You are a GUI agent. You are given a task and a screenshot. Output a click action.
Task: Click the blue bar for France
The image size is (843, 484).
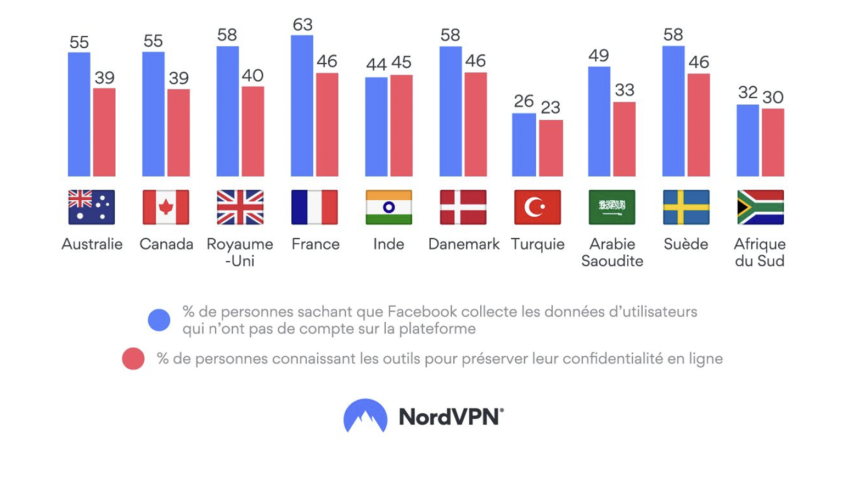point(302,106)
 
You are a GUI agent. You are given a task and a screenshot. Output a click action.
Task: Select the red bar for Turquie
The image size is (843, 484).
point(551,148)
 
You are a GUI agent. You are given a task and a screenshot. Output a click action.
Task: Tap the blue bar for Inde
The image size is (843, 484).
point(376,127)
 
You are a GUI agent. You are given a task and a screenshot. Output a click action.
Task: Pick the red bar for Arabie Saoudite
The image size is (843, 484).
point(625,139)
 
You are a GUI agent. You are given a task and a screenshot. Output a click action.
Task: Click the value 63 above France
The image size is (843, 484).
point(302,25)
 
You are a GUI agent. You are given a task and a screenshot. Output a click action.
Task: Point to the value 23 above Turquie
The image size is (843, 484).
point(550,108)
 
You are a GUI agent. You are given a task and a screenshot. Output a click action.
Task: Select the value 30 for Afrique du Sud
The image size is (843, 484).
point(773,98)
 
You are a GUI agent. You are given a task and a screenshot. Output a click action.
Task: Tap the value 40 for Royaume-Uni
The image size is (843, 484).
point(252,76)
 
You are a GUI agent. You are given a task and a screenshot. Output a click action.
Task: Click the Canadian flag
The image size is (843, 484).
point(166,207)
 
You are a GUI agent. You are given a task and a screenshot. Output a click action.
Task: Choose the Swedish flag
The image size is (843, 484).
point(686,207)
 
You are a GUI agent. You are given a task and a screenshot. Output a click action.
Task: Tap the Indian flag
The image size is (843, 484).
point(389,207)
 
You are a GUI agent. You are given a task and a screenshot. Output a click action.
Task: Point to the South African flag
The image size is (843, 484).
point(761,207)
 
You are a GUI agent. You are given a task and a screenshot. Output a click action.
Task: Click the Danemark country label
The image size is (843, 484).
point(464,244)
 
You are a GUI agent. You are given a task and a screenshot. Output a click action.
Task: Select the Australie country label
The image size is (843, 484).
point(92,244)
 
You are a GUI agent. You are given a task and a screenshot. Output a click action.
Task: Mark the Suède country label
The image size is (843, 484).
point(686,244)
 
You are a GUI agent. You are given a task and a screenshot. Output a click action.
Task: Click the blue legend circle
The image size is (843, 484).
point(159,320)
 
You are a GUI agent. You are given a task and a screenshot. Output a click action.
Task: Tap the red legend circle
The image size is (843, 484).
point(133,359)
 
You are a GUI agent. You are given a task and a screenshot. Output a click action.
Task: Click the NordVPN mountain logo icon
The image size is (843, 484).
point(366,415)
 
